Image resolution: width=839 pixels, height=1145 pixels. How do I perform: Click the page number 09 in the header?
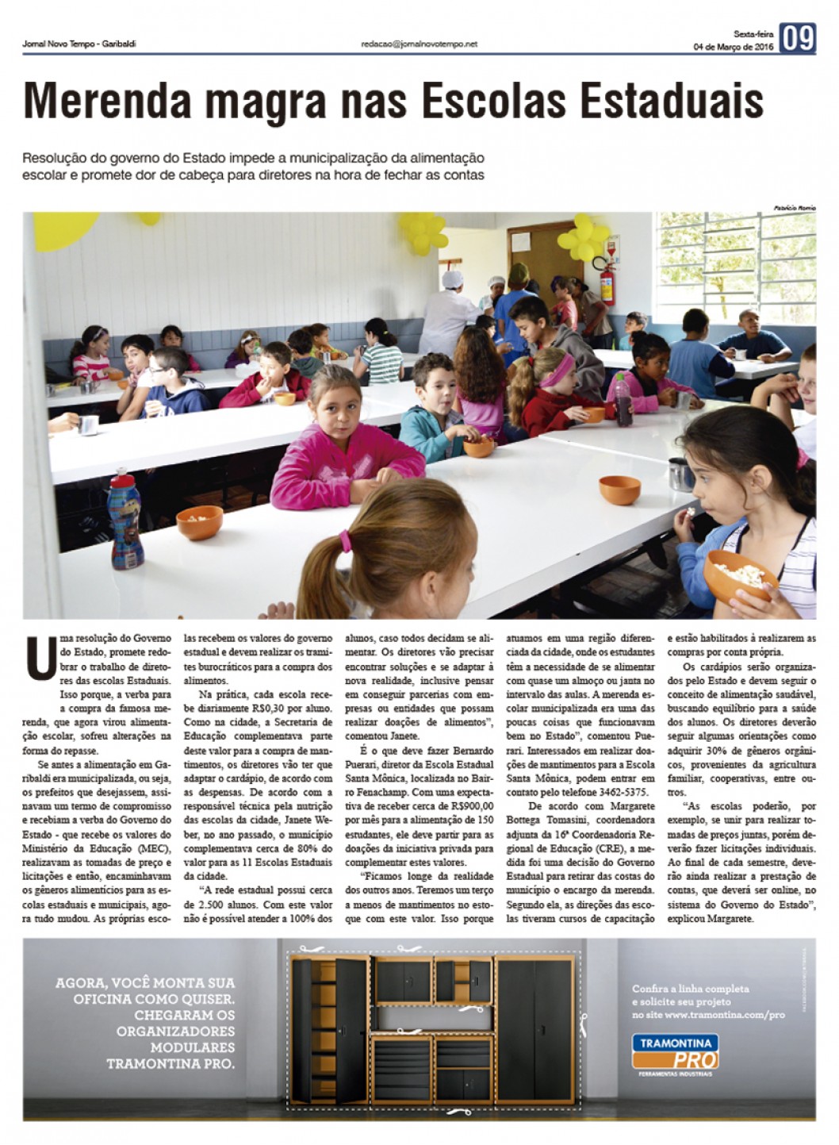tap(798, 39)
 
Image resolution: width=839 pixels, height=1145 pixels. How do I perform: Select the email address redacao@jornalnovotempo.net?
tap(419, 44)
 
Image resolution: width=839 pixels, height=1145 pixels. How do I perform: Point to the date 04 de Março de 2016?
tap(733, 47)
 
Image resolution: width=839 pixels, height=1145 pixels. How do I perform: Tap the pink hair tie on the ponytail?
tap(346, 541)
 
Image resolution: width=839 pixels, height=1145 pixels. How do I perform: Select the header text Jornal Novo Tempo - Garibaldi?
tap(79, 44)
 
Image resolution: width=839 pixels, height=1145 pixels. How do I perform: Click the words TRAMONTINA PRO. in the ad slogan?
tap(170, 1063)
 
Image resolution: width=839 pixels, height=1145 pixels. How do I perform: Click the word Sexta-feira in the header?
tap(753, 34)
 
